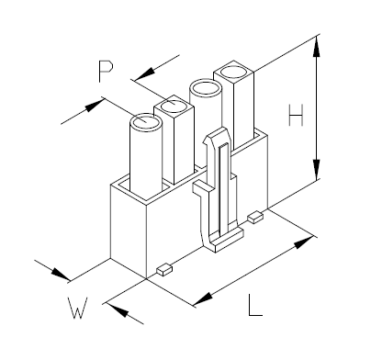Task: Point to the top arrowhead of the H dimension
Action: click(317, 43)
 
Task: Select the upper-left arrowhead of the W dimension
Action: click(62, 277)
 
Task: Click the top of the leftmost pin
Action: click(146, 121)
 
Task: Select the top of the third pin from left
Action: click(204, 90)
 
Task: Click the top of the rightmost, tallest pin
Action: click(233, 73)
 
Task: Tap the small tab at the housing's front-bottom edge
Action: click(163, 270)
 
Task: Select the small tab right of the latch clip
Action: click(255, 216)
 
